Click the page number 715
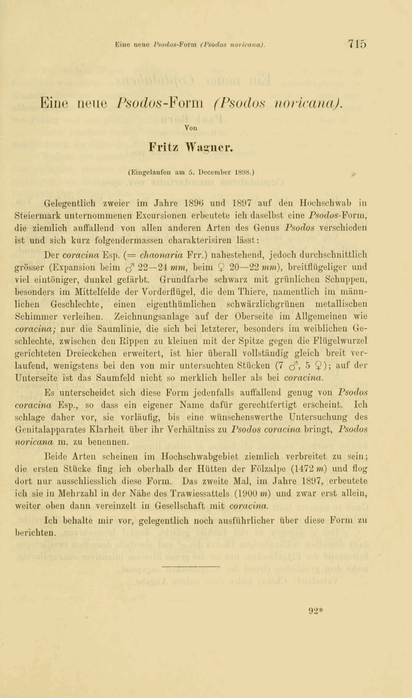(x=357, y=44)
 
